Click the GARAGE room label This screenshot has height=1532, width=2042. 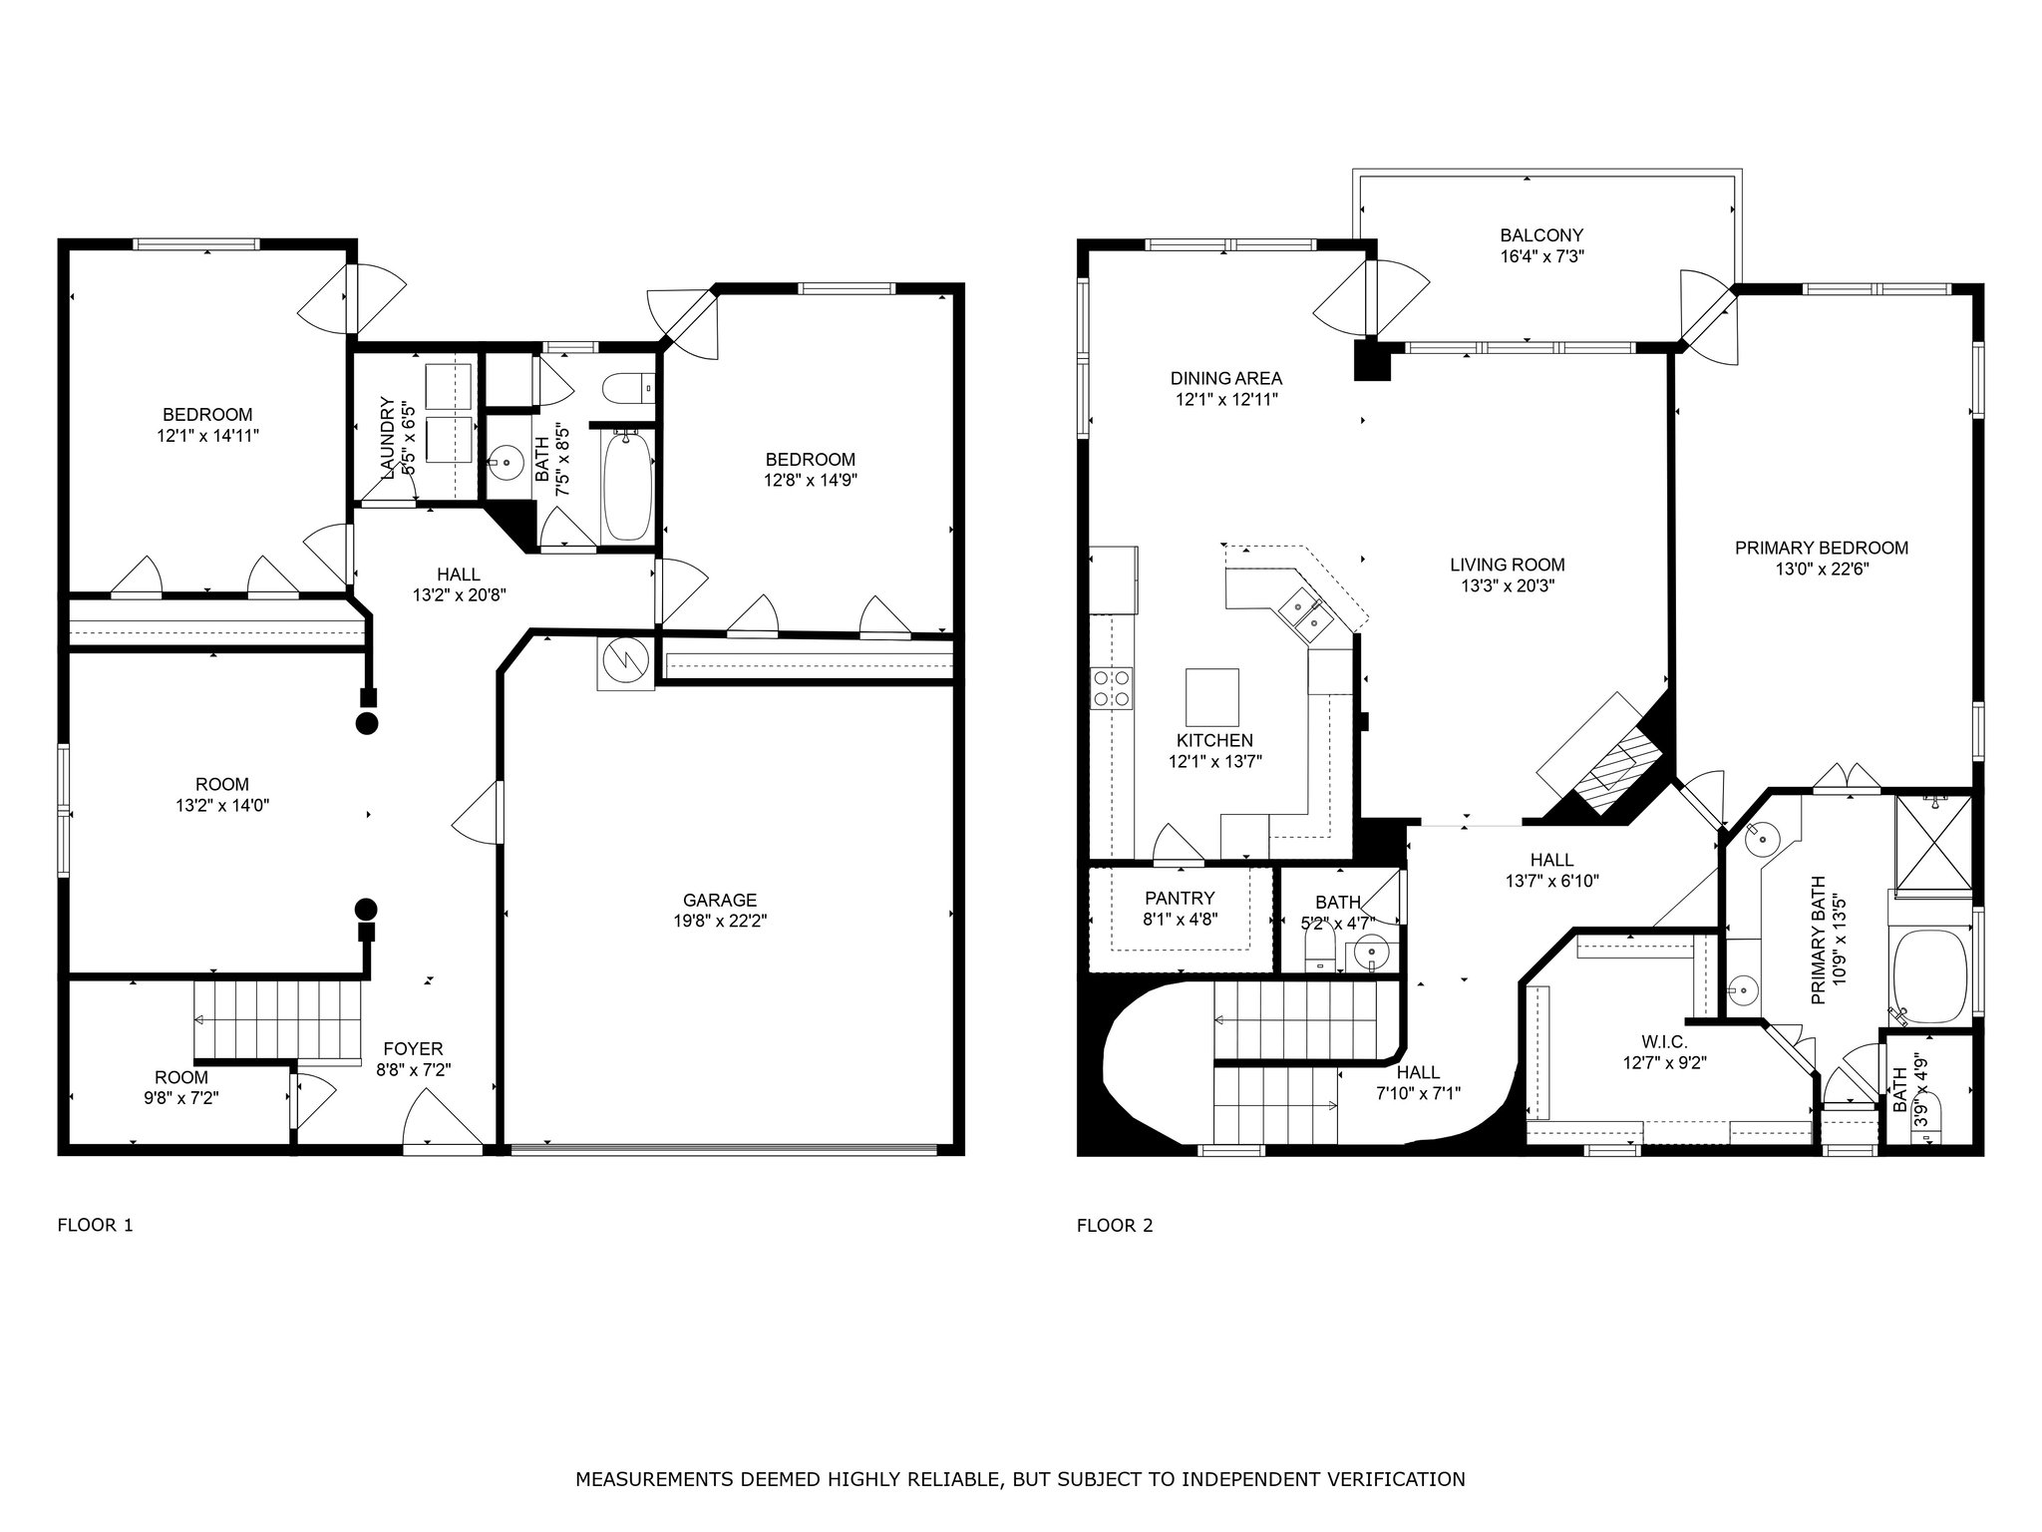click(720, 900)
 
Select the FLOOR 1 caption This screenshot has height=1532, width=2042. click(95, 1225)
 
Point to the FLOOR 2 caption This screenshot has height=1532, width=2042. click(1115, 1225)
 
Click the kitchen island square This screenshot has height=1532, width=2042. click(1212, 697)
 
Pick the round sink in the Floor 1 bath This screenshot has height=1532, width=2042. click(509, 463)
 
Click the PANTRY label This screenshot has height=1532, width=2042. click(1181, 898)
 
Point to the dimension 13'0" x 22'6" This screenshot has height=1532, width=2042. click(1822, 570)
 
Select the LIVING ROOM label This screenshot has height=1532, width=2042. click(1508, 565)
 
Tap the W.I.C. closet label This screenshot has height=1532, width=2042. click(1664, 1042)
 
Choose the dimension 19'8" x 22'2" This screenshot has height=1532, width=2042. click(720, 921)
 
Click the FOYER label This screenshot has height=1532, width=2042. click(414, 1048)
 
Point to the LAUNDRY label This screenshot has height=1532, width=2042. click(386, 437)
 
